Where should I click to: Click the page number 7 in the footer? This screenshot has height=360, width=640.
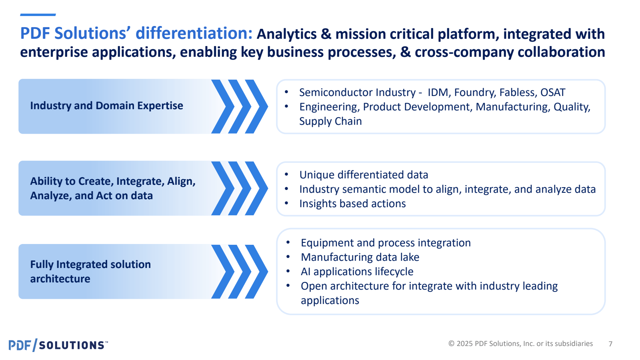(610, 344)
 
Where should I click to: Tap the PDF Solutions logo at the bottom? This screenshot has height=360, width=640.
(58, 345)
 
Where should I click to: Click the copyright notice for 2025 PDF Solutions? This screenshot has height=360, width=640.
(520, 344)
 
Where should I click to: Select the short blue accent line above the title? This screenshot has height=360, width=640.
(38, 14)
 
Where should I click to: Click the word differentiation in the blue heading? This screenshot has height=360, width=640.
(194, 33)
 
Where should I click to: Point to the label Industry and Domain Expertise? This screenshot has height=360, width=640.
(106, 106)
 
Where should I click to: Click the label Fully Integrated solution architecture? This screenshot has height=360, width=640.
(90, 272)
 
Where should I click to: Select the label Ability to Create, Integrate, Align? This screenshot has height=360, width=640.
(113, 181)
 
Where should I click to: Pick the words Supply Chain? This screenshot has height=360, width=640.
(330, 121)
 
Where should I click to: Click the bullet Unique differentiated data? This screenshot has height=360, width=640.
(364, 174)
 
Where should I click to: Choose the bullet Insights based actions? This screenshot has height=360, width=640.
(352, 204)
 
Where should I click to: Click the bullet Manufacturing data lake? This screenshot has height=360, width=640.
(360, 257)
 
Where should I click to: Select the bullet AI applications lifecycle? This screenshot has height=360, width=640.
(357, 272)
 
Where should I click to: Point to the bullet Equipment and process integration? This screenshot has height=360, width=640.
(386, 243)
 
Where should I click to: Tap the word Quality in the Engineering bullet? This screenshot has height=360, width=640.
(572, 107)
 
